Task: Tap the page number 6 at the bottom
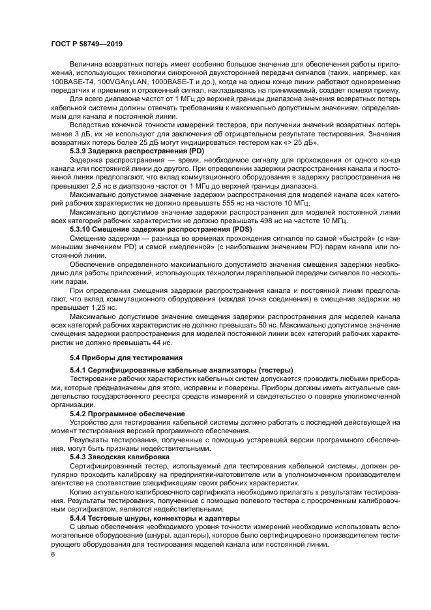[53, 554]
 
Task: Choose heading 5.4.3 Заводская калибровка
[119, 457]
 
